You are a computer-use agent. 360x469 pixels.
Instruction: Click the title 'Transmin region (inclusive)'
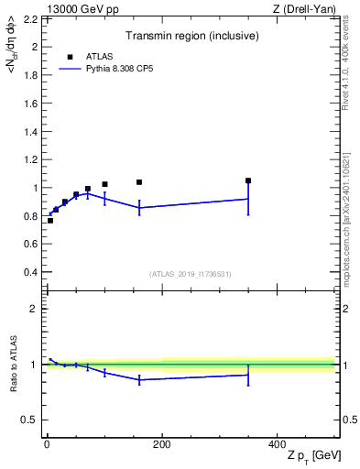(191, 38)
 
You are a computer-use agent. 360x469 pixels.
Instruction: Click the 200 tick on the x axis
(161, 444)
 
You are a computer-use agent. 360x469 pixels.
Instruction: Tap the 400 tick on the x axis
(277, 444)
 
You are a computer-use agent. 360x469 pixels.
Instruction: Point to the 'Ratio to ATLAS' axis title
(13, 365)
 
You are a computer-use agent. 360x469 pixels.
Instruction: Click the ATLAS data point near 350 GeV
(248, 180)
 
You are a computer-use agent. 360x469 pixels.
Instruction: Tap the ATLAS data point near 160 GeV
(139, 182)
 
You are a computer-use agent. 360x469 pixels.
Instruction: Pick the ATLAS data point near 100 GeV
(104, 184)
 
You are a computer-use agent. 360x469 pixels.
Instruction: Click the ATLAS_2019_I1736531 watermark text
(191, 274)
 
